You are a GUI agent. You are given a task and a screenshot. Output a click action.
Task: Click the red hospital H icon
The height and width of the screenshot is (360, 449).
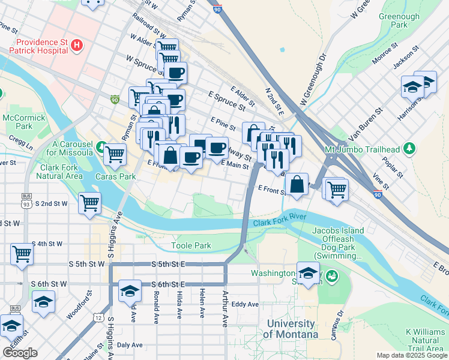pos(76,44)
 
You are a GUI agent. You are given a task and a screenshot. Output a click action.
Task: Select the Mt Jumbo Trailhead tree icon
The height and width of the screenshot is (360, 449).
pos(409,148)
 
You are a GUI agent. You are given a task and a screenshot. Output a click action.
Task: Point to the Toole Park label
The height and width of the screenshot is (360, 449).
pos(191,245)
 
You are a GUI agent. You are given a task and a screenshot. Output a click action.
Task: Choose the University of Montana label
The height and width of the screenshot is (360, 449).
pos(292,329)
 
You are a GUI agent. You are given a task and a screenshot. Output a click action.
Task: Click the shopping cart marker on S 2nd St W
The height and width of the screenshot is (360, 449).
pos(89,202)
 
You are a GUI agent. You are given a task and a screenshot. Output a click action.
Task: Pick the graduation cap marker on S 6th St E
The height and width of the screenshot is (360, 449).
pos(129,290)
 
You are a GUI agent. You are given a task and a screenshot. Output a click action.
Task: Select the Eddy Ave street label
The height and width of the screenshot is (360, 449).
pos(245,304)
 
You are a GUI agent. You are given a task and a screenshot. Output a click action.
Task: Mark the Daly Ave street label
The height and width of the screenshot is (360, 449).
pos(130,345)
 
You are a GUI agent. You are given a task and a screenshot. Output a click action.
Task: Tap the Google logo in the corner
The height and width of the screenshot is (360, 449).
pos(20,353)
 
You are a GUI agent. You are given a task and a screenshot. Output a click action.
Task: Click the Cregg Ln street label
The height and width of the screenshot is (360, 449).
pos(21,143)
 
